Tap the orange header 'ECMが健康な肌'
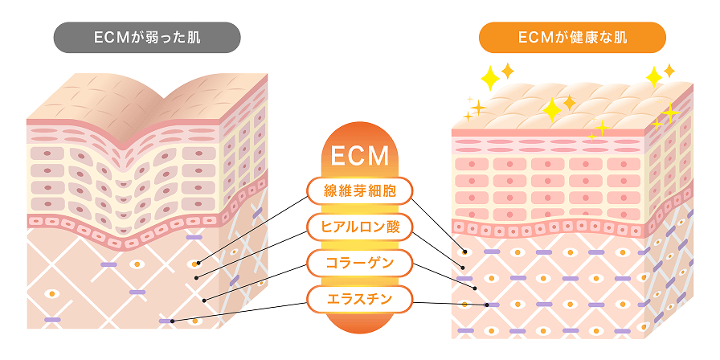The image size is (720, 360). (x=572, y=37)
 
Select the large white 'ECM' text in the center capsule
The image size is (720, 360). (x=360, y=154)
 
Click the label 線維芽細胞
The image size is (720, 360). (x=360, y=190)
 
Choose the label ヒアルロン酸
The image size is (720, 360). (x=360, y=227)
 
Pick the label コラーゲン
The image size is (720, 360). (x=360, y=263)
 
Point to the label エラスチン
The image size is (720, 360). (x=360, y=301)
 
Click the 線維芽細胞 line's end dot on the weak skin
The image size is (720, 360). (x=197, y=263)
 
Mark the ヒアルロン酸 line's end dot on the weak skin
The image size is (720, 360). (x=196, y=278)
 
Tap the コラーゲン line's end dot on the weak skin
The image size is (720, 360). (x=205, y=301)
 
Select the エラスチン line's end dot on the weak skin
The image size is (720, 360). (x=173, y=321)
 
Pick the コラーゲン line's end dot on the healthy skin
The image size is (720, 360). (x=475, y=288)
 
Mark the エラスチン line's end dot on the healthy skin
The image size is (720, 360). (x=487, y=305)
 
